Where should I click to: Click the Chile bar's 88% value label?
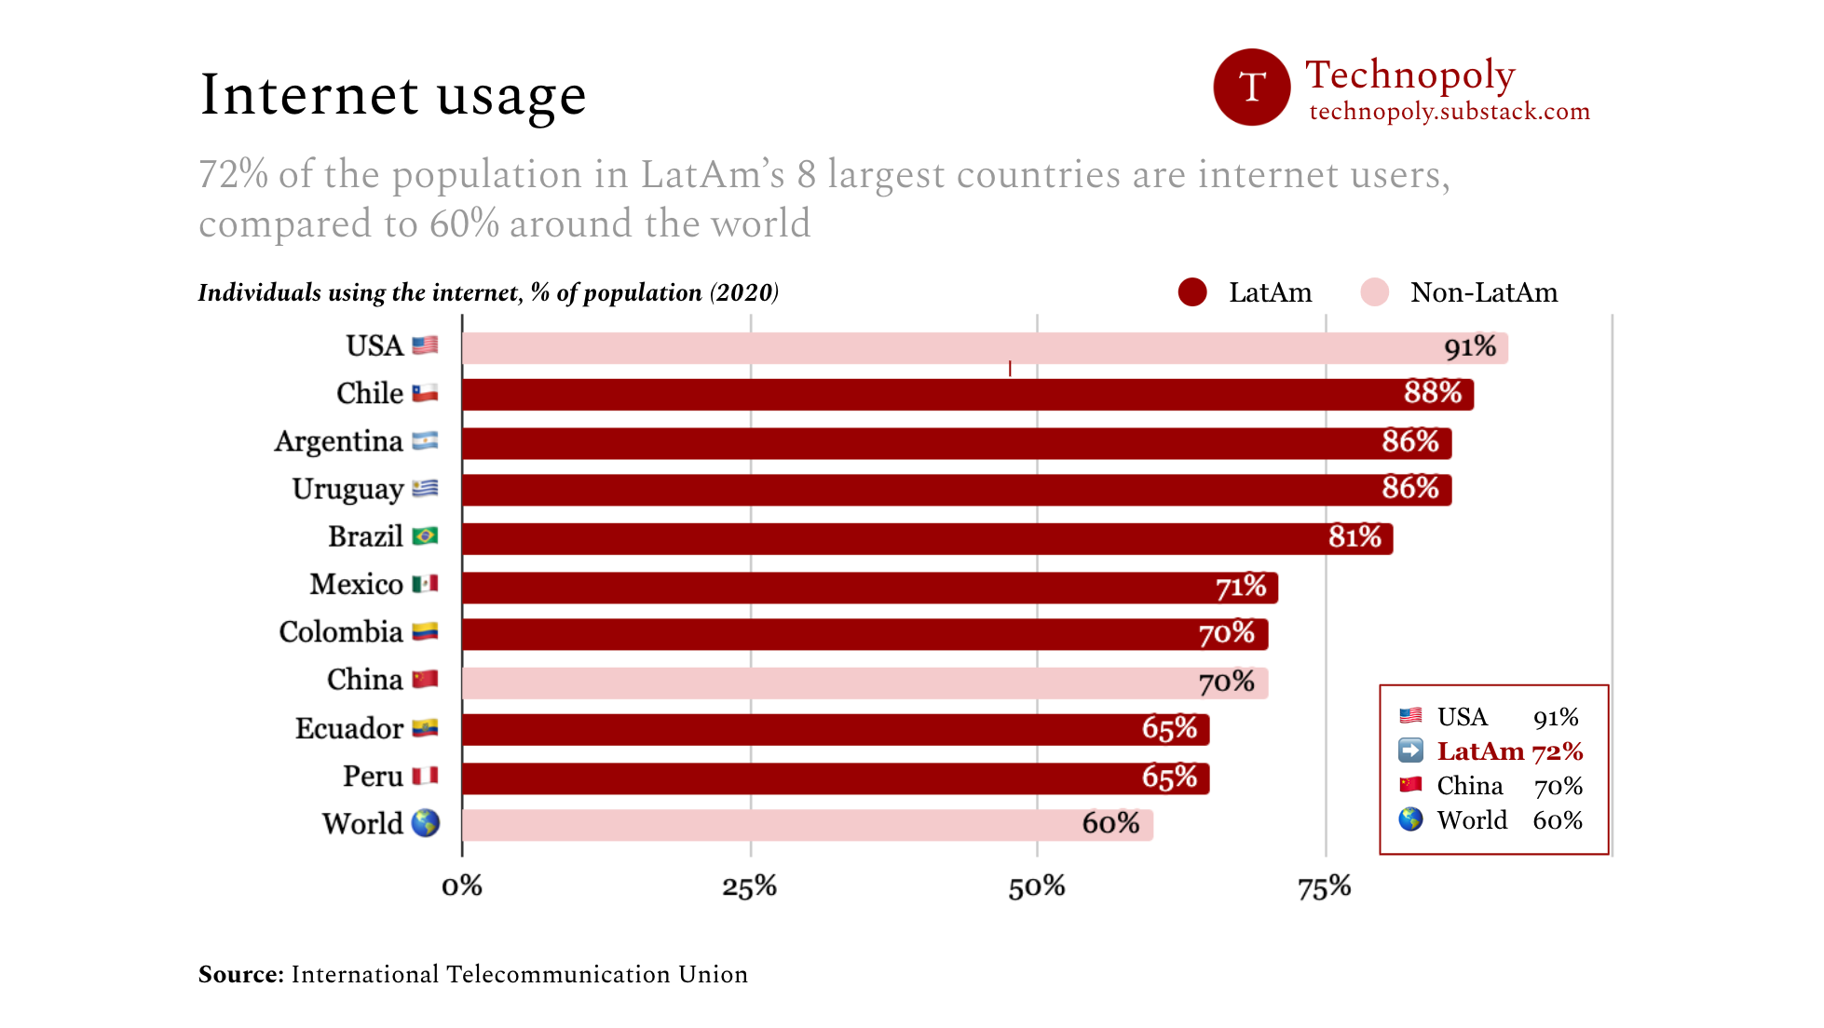coord(1432,393)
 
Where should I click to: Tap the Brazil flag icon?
coord(425,536)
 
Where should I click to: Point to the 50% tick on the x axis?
coord(1036,886)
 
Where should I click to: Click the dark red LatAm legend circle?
coord(1191,292)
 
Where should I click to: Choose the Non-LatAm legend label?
coord(1483,292)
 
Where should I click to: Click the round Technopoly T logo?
coord(1251,88)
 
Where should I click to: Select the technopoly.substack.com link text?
coord(1449,112)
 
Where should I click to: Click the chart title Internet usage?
coord(392,95)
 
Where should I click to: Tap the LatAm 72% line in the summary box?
coord(1509,751)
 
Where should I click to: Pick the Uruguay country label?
coord(347,489)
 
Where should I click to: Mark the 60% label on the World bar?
coord(1110,823)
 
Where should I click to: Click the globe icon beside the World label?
coord(426,823)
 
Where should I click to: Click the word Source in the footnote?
coord(238,974)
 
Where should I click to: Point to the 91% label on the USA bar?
coord(1469,347)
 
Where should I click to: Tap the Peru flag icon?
coord(425,776)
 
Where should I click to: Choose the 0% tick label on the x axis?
coord(462,886)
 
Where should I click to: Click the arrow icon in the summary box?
coord(1410,751)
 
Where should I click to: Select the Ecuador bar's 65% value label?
coord(1169,728)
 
